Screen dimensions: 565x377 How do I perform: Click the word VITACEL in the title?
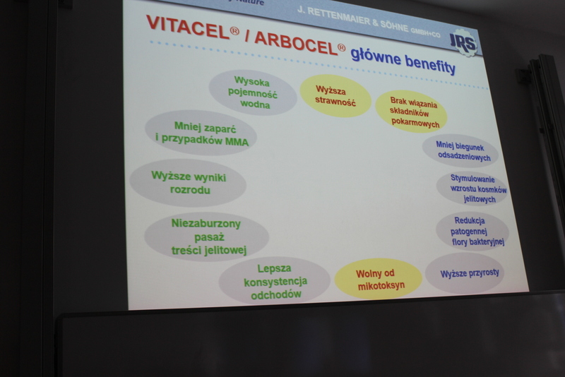click(188, 27)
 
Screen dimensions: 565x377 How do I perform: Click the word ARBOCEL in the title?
click(296, 43)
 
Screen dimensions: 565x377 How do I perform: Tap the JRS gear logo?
click(463, 43)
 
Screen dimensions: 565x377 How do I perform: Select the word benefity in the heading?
click(429, 64)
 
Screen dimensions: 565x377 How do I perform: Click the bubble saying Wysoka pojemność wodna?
click(253, 93)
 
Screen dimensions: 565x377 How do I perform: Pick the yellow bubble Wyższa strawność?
click(335, 96)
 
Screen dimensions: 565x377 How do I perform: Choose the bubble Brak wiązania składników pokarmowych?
click(411, 112)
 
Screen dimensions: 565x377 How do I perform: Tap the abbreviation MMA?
click(237, 142)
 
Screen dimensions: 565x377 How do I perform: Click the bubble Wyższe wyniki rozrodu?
click(188, 183)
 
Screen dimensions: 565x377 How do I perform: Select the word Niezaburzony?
click(206, 224)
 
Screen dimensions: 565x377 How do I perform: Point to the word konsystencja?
click(275, 281)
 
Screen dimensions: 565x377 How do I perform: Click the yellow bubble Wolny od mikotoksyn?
click(379, 278)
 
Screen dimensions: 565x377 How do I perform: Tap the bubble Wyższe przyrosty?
click(465, 273)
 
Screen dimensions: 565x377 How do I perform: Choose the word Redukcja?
click(470, 220)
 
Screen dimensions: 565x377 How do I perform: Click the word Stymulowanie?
click(472, 179)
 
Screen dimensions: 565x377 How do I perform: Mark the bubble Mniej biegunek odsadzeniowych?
click(460, 151)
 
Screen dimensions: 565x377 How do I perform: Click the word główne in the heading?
click(376, 56)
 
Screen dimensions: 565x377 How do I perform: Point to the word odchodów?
click(276, 294)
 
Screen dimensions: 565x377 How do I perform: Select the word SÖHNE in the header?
click(394, 26)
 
